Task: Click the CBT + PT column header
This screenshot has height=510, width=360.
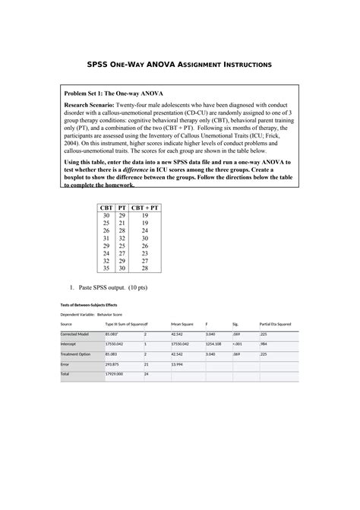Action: point(144,207)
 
